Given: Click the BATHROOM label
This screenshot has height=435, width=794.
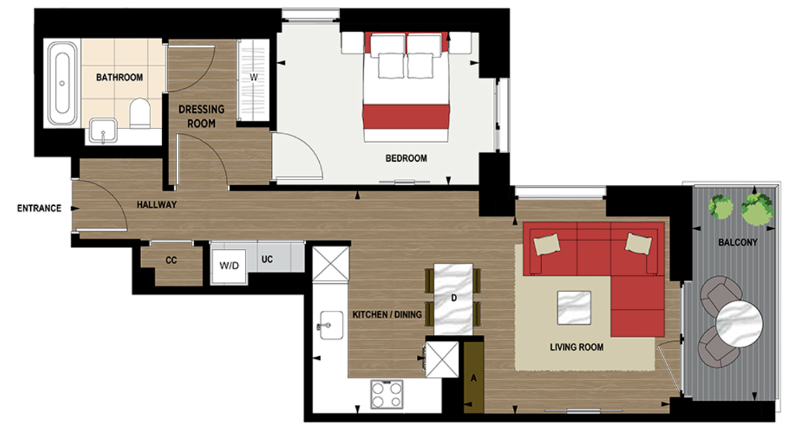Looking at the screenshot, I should [x=119, y=78].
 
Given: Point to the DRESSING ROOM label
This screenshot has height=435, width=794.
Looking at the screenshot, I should [x=201, y=116].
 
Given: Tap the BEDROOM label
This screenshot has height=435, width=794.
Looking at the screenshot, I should [x=405, y=158].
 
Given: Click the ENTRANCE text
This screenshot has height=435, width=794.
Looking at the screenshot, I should [x=39, y=208].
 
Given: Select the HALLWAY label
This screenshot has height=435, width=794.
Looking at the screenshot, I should [x=157, y=204].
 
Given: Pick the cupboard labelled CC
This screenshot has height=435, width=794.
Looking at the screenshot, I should [x=171, y=260].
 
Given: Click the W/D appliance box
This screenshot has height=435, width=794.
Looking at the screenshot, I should [x=229, y=265].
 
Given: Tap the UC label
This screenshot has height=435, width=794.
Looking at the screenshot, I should [x=267, y=259].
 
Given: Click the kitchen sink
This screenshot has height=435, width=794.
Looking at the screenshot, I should [x=331, y=325].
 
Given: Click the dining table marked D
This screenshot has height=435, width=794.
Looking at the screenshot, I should [x=454, y=299].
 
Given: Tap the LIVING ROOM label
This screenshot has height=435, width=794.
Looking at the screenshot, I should [x=577, y=347].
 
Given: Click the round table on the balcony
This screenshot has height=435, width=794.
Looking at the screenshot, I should [x=739, y=323].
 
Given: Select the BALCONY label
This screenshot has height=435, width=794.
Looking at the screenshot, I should [x=737, y=243].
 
